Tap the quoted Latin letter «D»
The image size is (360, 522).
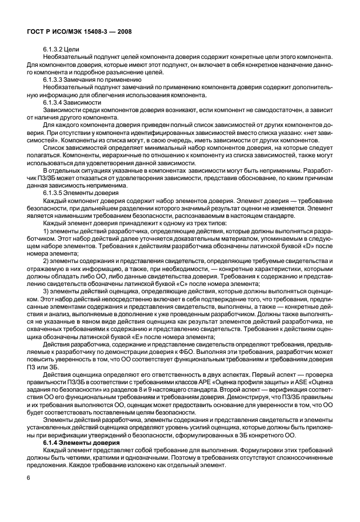(307, 246)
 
